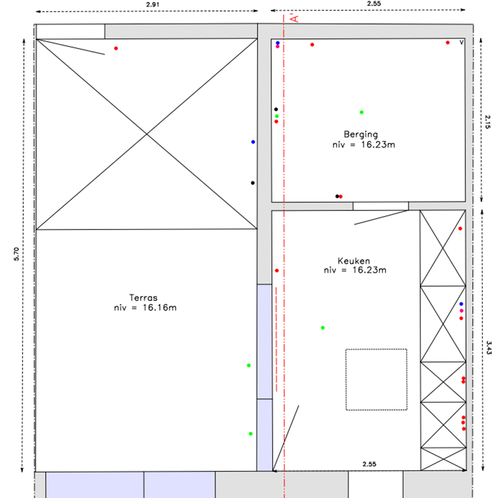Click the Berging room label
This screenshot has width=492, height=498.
pyautogui.click(x=361, y=135)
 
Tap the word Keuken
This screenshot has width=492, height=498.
pyautogui.click(x=354, y=261)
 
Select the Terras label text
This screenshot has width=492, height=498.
pyautogui.click(x=143, y=297)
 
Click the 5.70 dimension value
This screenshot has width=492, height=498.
pyautogui.click(x=16, y=254)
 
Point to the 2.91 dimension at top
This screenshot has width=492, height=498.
pyautogui.click(x=152, y=4)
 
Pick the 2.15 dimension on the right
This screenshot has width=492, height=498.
pyautogui.click(x=488, y=122)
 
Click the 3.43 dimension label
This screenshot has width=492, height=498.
pyautogui.click(x=488, y=347)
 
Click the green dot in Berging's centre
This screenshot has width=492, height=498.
pyautogui.click(x=362, y=112)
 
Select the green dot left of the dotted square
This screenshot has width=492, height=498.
pyautogui.click(x=322, y=328)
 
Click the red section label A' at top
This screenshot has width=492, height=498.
pyautogui.click(x=295, y=18)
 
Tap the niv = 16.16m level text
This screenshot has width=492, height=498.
pyautogui.click(x=145, y=308)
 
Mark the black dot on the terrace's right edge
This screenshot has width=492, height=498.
pyautogui.click(x=253, y=183)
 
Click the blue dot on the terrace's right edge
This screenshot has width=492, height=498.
pyautogui.click(x=253, y=142)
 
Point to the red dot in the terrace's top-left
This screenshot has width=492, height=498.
pyautogui.click(x=116, y=48)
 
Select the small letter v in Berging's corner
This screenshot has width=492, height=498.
pyautogui.click(x=461, y=42)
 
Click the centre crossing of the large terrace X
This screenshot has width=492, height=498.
pyautogui.click(x=147, y=135)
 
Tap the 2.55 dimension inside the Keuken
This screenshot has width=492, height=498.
pyautogui.click(x=369, y=464)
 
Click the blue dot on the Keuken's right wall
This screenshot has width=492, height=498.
pyautogui.click(x=461, y=304)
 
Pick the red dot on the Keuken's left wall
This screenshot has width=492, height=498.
pyautogui.click(x=277, y=270)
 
